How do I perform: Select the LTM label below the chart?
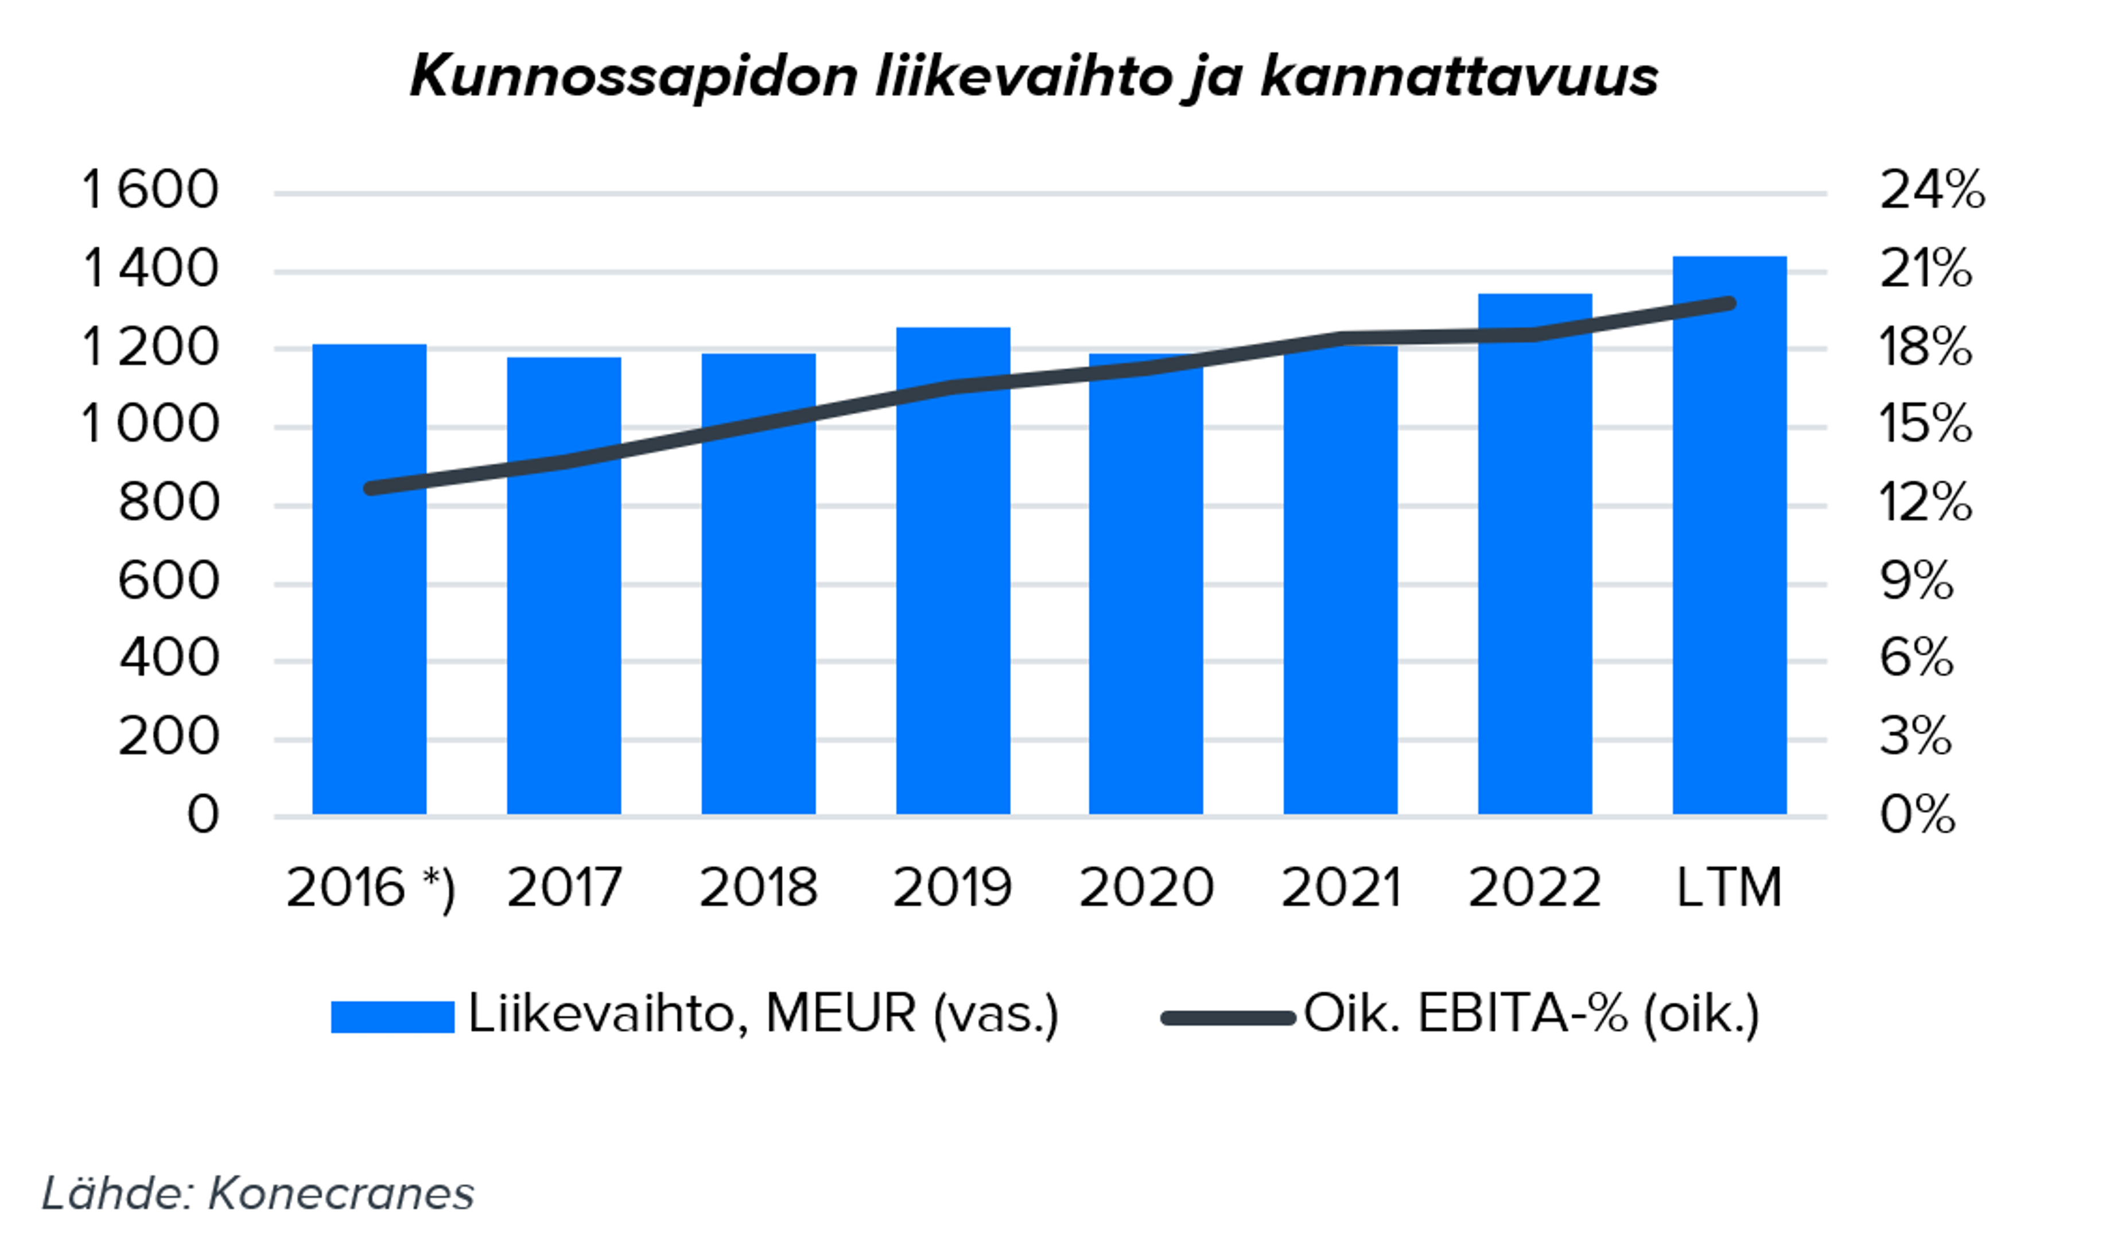(1729, 887)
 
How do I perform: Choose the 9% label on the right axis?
(1917, 581)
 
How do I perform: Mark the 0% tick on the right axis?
(1917, 814)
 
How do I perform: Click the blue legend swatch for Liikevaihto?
(393, 1017)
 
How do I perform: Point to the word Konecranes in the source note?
(341, 1193)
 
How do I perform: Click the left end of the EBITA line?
(371, 488)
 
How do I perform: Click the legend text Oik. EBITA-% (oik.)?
(1532, 1015)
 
